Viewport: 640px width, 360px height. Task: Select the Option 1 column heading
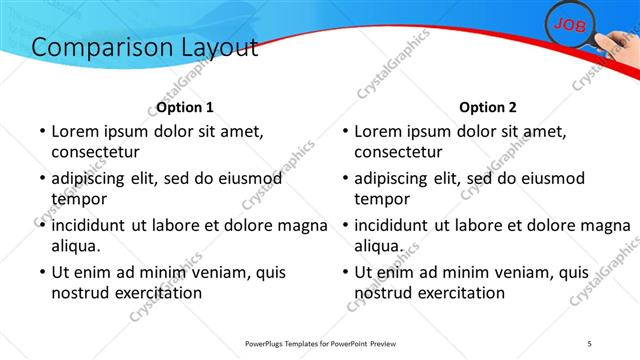(185, 107)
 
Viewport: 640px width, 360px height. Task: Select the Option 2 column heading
(488, 107)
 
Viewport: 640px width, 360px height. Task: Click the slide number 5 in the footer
(589, 344)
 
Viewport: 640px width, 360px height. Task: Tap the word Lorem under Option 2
(377, 130)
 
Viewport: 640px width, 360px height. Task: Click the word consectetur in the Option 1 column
(95, 152)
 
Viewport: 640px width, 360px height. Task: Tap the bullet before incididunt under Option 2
(344, 225)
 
